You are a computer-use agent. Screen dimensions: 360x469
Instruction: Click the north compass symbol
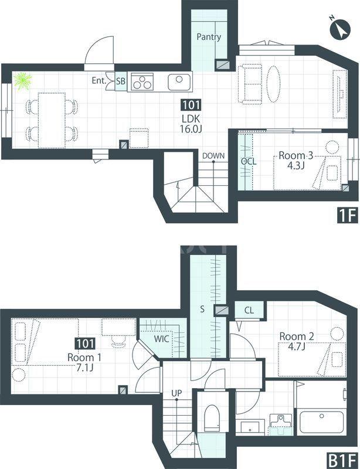click(339, 29)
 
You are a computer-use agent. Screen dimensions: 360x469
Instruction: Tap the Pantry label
click(209, 37)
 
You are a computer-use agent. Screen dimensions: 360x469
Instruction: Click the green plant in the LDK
click(23, 81)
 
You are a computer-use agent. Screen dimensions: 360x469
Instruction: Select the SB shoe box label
click(121, 81)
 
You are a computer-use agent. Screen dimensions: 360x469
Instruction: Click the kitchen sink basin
click(179, 82)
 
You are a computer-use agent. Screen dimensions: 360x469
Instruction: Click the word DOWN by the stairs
click(213, 156)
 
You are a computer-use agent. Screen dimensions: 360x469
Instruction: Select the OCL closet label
click(249, 162)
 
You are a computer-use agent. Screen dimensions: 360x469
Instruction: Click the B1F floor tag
click(342, 460)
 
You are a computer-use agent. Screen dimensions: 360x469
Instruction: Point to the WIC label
click(162, 339)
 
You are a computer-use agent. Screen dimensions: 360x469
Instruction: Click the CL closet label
click(249, 310)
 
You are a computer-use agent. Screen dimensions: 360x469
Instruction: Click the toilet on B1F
click(212, 418)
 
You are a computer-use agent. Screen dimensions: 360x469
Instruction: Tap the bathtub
click(321, 422)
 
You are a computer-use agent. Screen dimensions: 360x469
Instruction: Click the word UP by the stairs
click(176, 393)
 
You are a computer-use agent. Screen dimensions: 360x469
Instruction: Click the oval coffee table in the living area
click(273, 84)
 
